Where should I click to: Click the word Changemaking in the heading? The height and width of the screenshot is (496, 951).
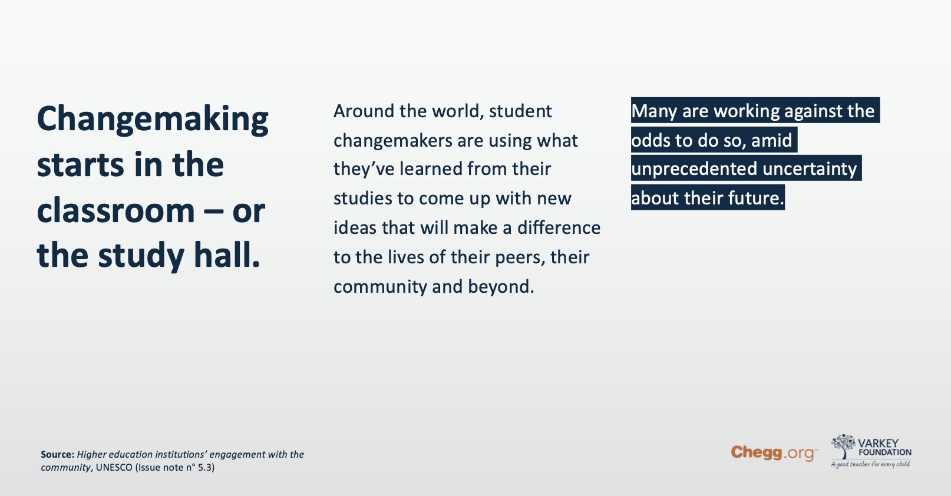click(x=153, y=120)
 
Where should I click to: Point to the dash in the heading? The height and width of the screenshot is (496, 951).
click(x=214, y=211)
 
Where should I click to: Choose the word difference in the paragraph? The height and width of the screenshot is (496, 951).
click(x=559, y=228)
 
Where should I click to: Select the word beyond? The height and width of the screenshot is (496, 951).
click(x=501, y=287)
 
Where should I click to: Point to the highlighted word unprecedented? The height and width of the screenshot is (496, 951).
click(x=694, y=169)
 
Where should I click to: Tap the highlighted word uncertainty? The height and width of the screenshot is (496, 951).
click(x=810, y=169)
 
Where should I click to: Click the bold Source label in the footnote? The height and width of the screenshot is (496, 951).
click(x=58, y=454)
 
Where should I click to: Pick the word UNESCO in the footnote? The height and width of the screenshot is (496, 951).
click(x=114, y=468)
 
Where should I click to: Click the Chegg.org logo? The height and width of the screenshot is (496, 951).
click(x=774, y=453)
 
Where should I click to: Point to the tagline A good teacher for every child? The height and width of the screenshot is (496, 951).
click(x=870, y=464)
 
